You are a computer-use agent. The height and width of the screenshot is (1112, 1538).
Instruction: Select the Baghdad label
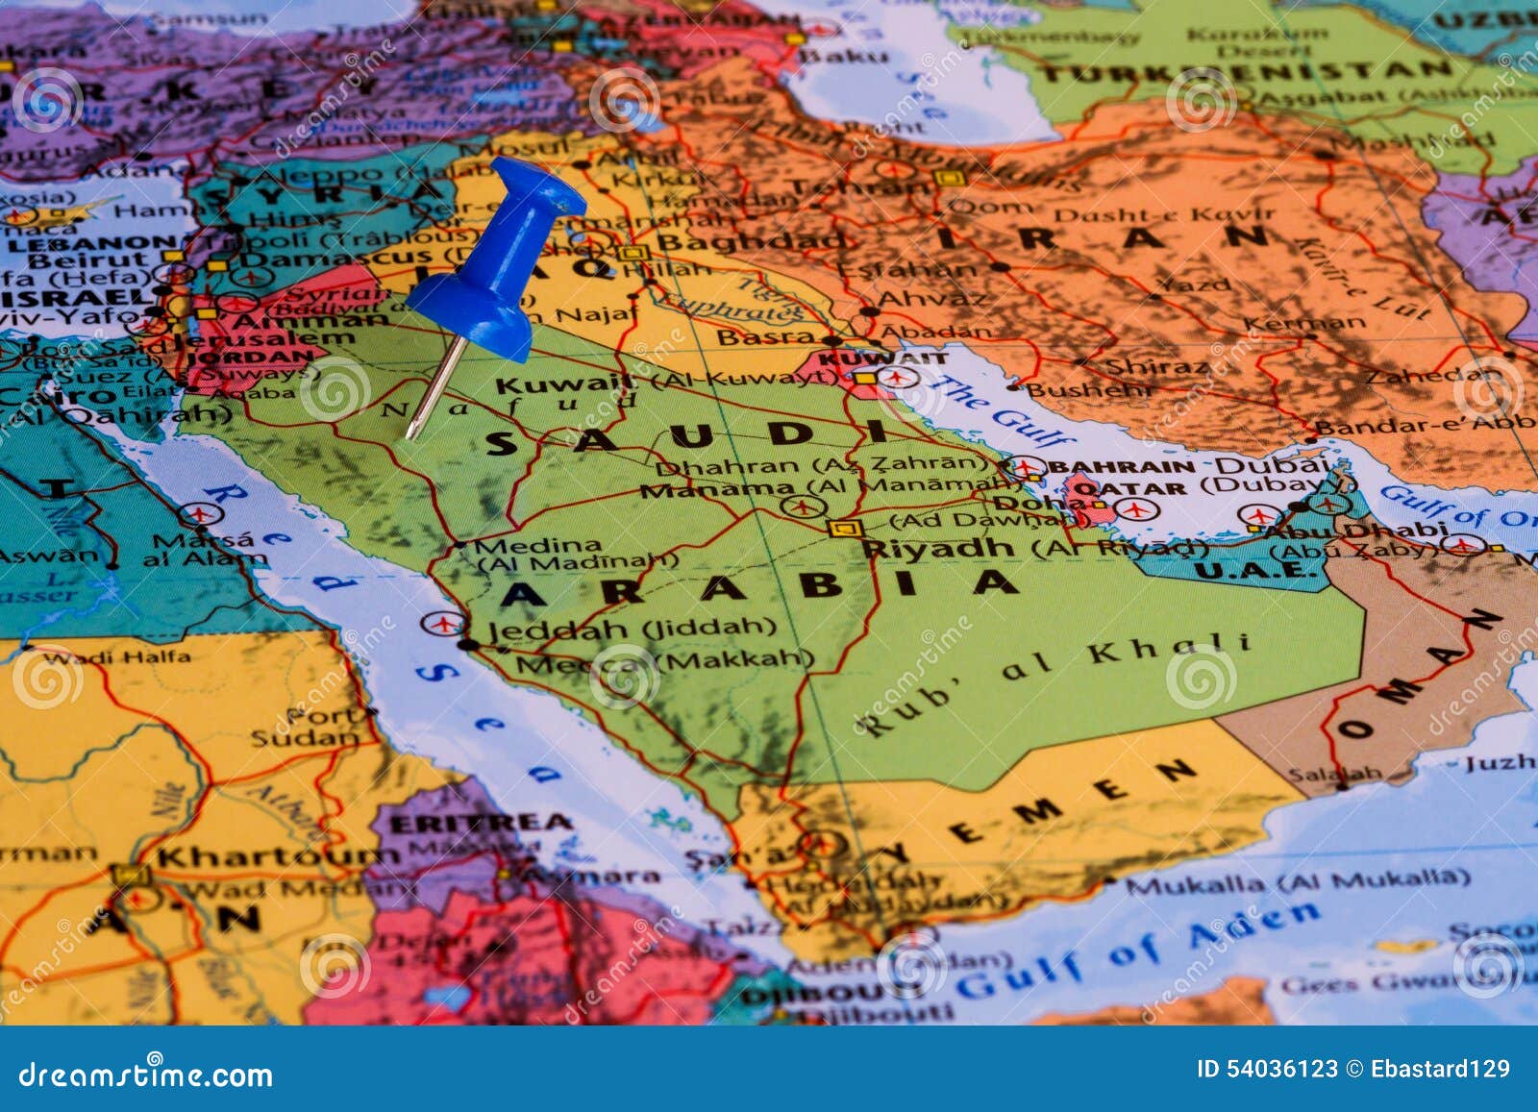point(755,240)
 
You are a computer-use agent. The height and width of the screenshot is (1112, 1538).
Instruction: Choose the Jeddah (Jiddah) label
point(632,630)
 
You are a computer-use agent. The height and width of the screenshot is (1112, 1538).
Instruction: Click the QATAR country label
point(1129,488)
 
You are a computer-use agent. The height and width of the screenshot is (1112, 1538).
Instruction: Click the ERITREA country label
point(481,823)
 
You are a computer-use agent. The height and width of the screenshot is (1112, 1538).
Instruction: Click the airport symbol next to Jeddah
point(441,623)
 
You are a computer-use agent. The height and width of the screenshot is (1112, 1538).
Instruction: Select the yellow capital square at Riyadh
point(845,528)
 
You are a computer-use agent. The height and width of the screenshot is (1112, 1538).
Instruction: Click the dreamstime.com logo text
point(146,1074)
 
